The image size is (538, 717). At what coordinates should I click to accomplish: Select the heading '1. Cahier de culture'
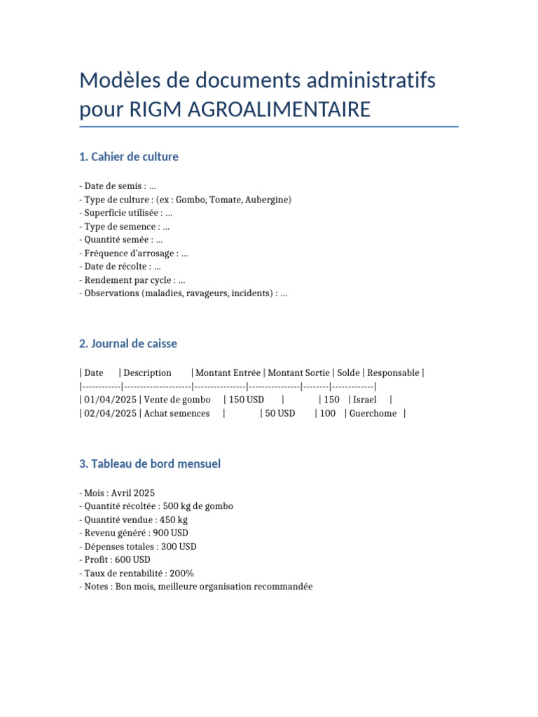click(129, 157)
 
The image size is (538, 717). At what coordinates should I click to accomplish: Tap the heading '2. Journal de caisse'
click(128, 344)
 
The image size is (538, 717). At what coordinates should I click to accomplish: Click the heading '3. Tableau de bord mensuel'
click(150, 464)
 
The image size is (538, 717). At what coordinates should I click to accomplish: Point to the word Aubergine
click(267, 200)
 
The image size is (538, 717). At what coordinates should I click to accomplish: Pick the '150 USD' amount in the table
click(247, 400)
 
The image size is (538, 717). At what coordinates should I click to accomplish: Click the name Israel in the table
click(364, 400)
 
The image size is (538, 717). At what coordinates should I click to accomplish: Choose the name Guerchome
click(374, 413)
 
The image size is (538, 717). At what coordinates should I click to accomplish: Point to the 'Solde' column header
click(348, 373)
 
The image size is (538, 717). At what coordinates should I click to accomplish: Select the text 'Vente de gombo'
click(177, 400)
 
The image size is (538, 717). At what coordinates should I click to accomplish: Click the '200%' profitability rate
click(181, 573)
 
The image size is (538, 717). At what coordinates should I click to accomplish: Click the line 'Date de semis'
click(115, 186)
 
